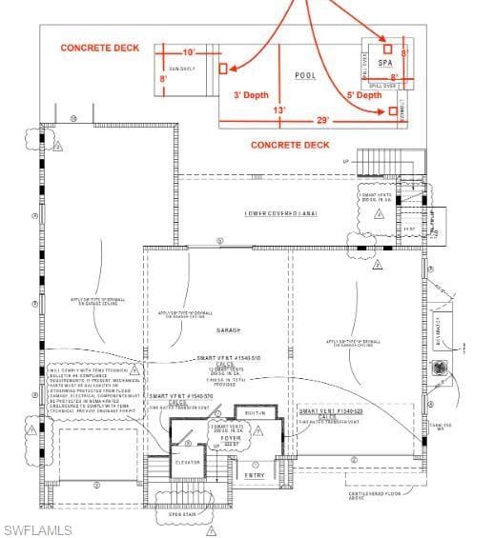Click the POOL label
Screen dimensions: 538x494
click(x=304, y=75)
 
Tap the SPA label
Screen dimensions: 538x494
click(x=385, y=63)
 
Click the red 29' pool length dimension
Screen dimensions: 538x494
click(x=323, y=120)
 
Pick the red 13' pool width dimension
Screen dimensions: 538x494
click(x=278, y=110)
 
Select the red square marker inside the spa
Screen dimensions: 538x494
click(x=386, y=48)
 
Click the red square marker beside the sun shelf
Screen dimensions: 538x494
click(x=223, y=69)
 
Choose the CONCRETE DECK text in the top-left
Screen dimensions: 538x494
click(x=100, y=48)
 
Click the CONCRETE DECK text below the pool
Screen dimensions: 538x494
click(x=290, y=145)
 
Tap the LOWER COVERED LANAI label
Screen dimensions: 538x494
click(x=280, y=213)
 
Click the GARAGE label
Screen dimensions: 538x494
click(x=228, y=330)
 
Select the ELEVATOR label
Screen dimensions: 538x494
click(x=187, y=462)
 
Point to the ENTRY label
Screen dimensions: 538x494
click(x=256, y=475)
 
